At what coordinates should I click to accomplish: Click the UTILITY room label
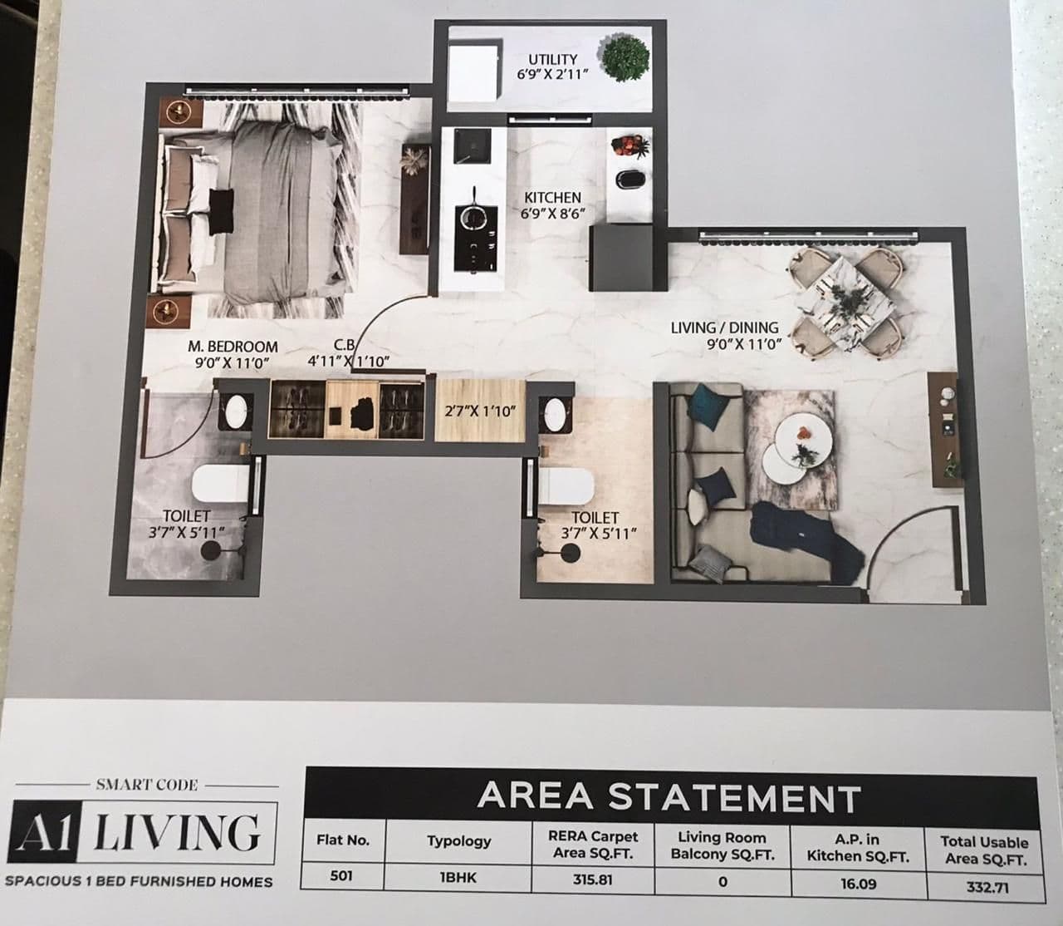(x=552, y=59)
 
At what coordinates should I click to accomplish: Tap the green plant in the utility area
(x=625, y=57)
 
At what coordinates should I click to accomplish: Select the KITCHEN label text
(x=552, y=198)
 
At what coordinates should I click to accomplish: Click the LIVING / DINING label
(x=724, y=328)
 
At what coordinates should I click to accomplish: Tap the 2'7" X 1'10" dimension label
(x=481, y=411)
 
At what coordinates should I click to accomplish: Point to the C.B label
(x=345, y=345)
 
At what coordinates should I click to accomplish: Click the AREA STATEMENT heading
(x=669, y=796)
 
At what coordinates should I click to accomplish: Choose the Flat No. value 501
(x=341, y=876)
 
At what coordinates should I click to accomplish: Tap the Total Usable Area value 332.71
(x=986, y=886)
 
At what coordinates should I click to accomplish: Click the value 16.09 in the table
(x=858, y=882)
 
